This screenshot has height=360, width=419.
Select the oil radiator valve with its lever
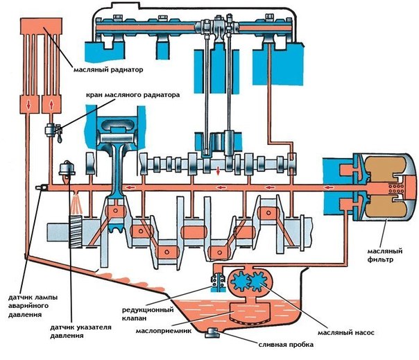pos(51,129)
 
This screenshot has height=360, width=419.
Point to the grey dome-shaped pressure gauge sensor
pos(68,167)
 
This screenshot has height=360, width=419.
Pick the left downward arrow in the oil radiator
pos(28,103)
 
